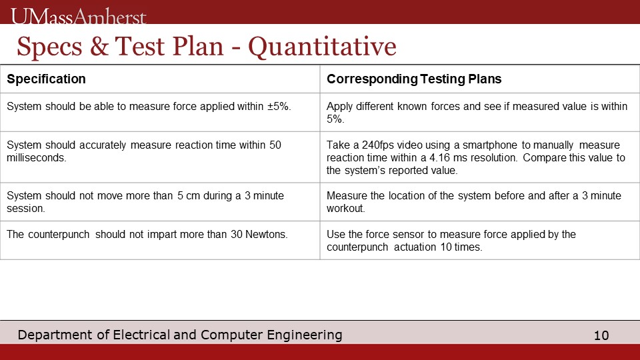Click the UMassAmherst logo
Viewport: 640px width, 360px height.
(79, 16)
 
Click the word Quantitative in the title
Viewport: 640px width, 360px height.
(322, 47)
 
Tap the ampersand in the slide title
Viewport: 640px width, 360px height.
(99, 46)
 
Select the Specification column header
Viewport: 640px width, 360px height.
(46, 79)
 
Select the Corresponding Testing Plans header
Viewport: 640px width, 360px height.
(414, 79)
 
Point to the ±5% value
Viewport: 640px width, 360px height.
(279, 106)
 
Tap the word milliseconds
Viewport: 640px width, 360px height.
(36, 157)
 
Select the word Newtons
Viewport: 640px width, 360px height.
(266, 234)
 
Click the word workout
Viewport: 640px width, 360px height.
(346, 208)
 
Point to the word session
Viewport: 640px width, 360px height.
(26, 208)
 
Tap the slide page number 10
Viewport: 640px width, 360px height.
(601, 335)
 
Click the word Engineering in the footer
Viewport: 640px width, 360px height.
(305, 335)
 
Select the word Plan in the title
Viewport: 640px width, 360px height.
(198, 46)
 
